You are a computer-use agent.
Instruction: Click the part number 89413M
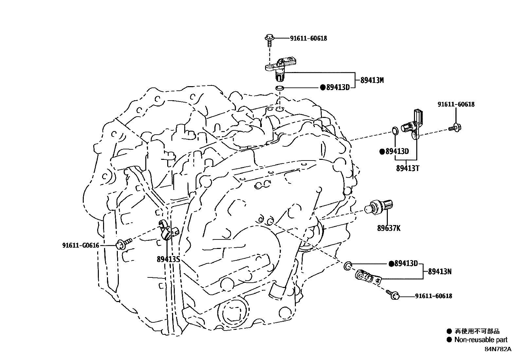(x=372, y=80)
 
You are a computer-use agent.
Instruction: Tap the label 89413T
(x=407, y=168)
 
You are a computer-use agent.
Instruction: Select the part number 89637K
(x=388, y=228)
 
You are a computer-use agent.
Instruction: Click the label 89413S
(x=169, y=259)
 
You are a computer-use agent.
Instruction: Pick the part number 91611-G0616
(x=81, y=245)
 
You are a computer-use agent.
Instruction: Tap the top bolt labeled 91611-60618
(x=269, y=39)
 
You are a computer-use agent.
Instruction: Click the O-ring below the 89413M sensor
(x=279, y=88)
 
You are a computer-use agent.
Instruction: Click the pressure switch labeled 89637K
(x=381, y=207)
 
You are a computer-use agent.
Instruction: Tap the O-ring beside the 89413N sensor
(x=347, y=265)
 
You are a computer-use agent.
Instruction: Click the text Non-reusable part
(x=481, y=340)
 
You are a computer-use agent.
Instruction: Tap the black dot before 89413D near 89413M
(x=323, y=87)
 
